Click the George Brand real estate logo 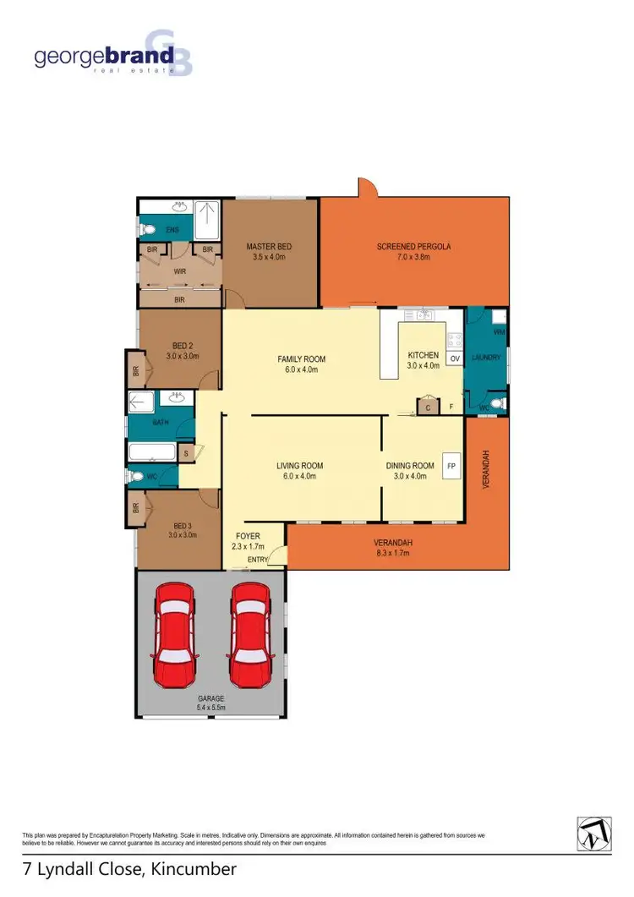tap(112, 57)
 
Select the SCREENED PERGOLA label tap(414, 251)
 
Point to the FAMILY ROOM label tap(301, 364)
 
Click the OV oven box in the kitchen tap(454, 359)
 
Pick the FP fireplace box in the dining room tap(451, 466)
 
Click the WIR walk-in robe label tap(179, 272)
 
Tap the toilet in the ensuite tap(147, 229)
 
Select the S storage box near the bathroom tap(186, 452)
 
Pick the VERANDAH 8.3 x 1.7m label tap(391, 549)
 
